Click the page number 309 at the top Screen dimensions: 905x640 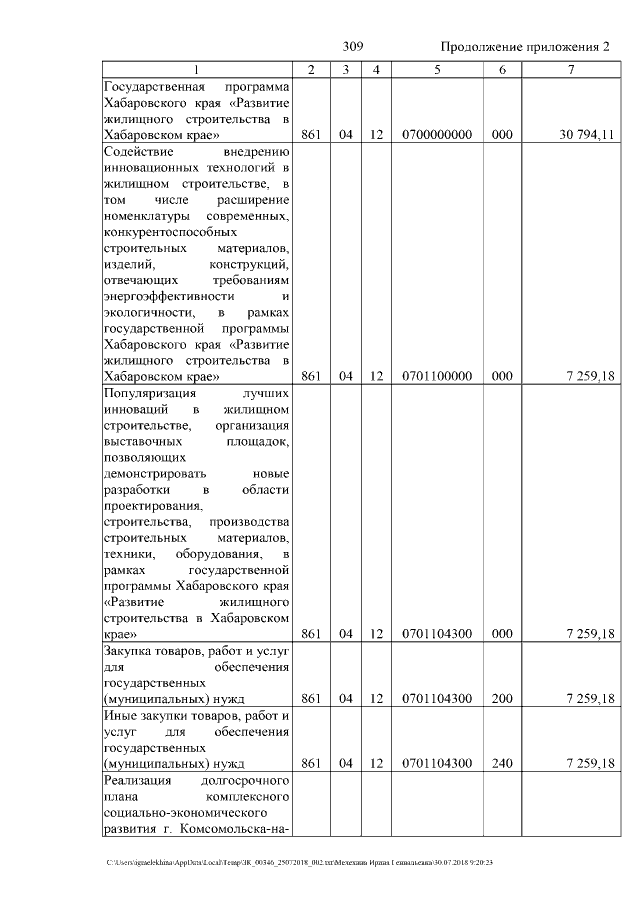click(353, 47)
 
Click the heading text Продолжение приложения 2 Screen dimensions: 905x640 click(525, 47)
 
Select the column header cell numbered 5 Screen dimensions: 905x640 click(437, 70)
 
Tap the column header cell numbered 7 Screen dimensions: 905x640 click(570, 70)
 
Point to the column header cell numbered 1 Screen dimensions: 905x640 click(197, 70)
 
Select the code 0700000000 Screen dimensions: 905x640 click(437, 135)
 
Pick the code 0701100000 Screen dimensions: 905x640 click(437, 377)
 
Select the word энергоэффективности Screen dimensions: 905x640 click(169, 296)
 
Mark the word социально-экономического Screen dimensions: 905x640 click(175, 813)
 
